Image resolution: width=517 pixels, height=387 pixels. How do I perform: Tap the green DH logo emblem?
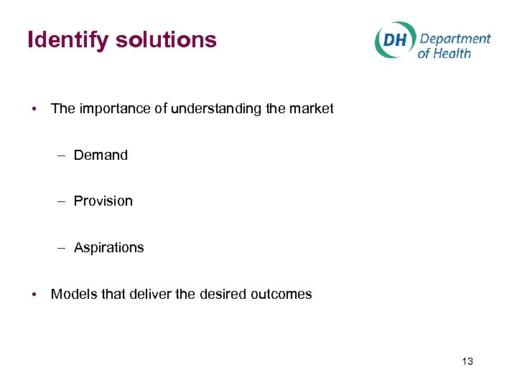[x=393, y=40]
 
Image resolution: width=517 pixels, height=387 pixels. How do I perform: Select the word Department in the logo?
[x=455, y=39]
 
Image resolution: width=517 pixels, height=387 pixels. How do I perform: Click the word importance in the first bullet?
[x=108, y=109]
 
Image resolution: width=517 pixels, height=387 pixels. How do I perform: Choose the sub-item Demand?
[x=101, y=155]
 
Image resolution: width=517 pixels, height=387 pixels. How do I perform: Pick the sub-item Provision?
[x=103, y=201]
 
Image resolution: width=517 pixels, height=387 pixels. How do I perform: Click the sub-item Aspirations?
[x=109, y=248]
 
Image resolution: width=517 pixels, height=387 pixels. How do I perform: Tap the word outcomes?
[x=281, y=295]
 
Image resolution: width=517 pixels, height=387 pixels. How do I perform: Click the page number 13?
[x=467, y=361]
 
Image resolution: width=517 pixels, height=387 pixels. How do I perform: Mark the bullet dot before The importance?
[x=34, y=110]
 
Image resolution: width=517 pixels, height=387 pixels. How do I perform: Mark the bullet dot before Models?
[x=34, y=295]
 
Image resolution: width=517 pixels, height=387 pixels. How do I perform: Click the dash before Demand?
[x=63, y=156]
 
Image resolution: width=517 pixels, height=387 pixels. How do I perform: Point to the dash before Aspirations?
[x=63, y=248]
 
